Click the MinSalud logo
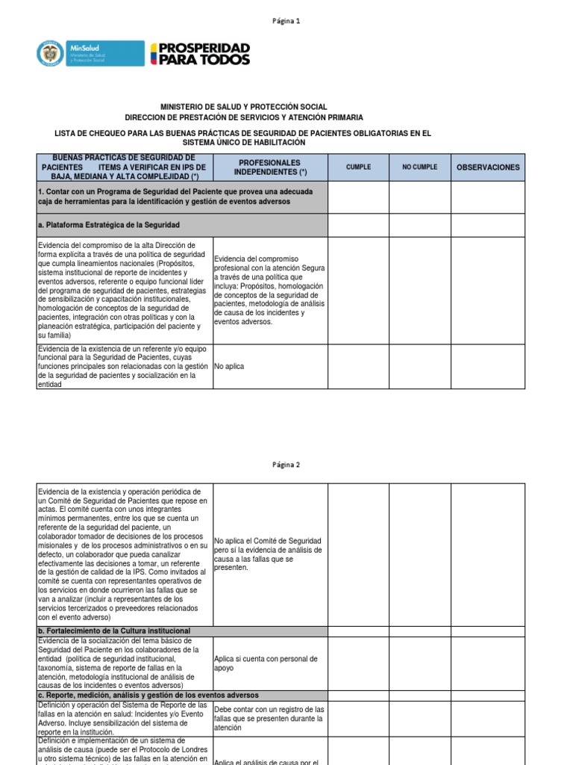coord(90,54)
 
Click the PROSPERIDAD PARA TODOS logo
coord(200,54)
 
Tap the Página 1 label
coord(286,22)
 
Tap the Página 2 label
coord(286,464)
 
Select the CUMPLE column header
coord(358,167)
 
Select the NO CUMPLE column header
coord(419,167)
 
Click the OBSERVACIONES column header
coord(488,167)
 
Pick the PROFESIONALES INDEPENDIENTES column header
coord(270,167)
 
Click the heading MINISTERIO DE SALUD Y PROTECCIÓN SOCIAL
coord(244,108)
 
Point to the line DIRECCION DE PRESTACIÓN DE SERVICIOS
coord(244,118)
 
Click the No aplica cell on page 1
coord(229,367)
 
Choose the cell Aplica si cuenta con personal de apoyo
coord(266,663)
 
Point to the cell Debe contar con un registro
coord(269,718)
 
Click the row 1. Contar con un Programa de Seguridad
coord(175,196)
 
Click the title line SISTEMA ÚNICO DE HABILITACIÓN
coord(244,143)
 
